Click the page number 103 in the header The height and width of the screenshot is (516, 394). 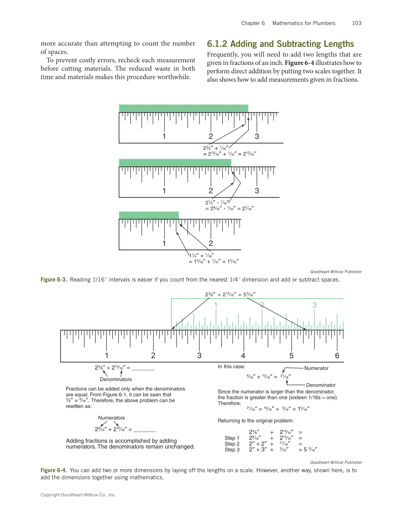pyautogui.click(x=356, y=23)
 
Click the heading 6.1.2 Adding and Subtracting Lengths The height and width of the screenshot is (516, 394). pyautogui.click(x=280, y=44)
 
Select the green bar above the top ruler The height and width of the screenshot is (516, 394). pyautogui.click(x=183, y=108)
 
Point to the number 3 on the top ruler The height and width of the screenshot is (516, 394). pyautogui.click(x=257, y=136)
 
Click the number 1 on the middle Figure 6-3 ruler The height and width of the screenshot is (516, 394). pyautogui.click(x=164, y=191)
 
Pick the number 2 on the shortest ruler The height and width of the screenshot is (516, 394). pyautogui.click(x=211, y=243)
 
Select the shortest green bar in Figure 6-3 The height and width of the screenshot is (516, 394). pyautogui.click(x=149, y=215)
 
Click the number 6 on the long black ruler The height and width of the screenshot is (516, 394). pyautogui.click(x=337, y=356)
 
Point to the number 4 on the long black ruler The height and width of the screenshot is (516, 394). pyautogui.click(x=243, y=356)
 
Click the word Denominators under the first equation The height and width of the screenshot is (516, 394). pyautogui.click(x=116, y=379)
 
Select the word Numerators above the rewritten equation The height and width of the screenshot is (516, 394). pyautogui.click(x=111, y=418)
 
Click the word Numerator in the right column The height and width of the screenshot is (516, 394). pyautogui.click(x=316, y=368)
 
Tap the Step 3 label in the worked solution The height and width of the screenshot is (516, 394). pyautogui.click(x=232, y=450)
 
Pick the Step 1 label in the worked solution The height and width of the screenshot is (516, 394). pyautogui.click(x=232, y=438)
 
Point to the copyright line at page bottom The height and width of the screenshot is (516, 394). pyautogui.click(x=78, y=495)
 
